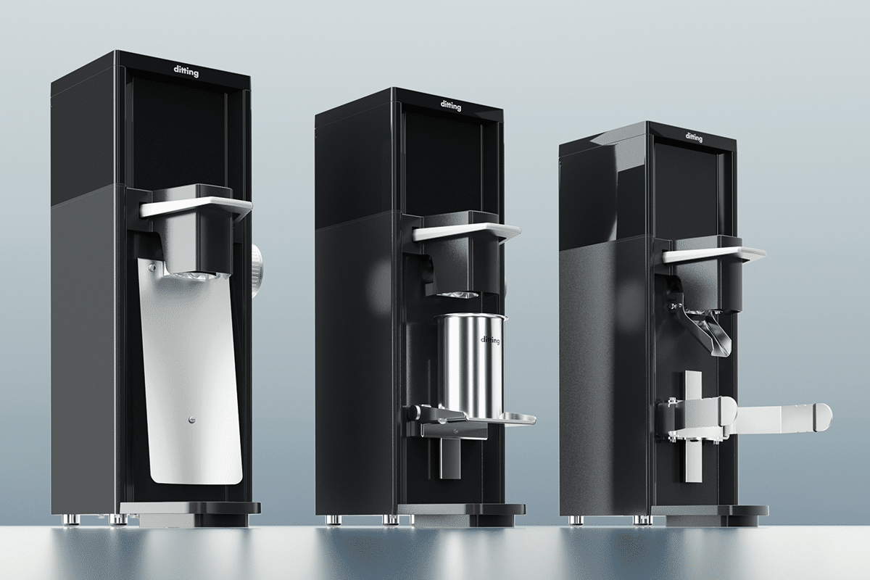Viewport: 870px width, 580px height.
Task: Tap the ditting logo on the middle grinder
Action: [x=450, y=106]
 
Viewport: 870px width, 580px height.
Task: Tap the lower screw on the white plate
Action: [x=191, y=418]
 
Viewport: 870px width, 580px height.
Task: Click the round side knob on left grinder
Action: [x=260, y=268]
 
